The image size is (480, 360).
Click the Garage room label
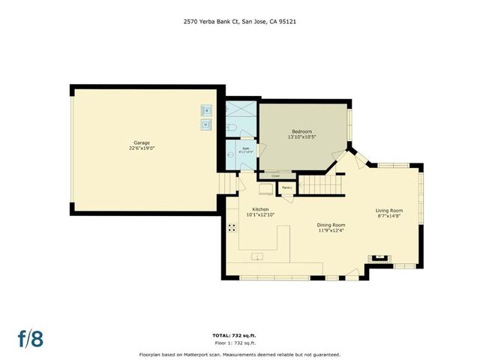point(142,142)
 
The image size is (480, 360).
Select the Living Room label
point(389,211)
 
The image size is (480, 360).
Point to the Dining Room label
point(329,224)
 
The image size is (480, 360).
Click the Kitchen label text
point(260,209)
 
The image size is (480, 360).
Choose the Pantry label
point(286,187)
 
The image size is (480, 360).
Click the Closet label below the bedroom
point(276,177)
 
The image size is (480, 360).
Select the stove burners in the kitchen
point(231,227)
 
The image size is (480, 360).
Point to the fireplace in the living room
point(379,259)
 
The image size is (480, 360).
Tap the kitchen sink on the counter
point(257,258)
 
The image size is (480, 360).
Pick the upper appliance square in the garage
point(207,111)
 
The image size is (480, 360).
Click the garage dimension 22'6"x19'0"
point(142,148)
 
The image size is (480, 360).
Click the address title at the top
point(239,22)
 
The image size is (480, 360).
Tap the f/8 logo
point(31,338)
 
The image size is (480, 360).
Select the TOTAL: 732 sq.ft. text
point(239,335)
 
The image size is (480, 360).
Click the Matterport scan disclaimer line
point(239,354)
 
